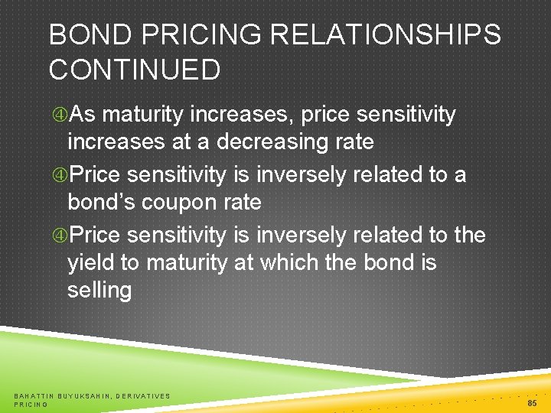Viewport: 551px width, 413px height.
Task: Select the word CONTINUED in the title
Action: tap(135, 70)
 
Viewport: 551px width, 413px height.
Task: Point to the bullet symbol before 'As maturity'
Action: tap(59, 115)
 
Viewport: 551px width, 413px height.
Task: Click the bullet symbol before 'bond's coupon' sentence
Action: tap(59, 174)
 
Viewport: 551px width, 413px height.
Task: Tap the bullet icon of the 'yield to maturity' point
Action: tap(59, 234)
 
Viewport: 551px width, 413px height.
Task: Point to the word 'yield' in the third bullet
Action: tap(93, 262)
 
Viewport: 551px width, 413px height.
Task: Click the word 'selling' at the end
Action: tap(99, 291)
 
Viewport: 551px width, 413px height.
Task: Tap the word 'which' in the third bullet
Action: tap(293, 262)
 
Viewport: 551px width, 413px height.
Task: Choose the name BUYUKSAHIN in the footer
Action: tap(87, 395)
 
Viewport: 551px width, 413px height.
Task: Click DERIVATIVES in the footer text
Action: tap(146, 395)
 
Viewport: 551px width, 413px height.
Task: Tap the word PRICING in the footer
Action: tap(31, 404)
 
